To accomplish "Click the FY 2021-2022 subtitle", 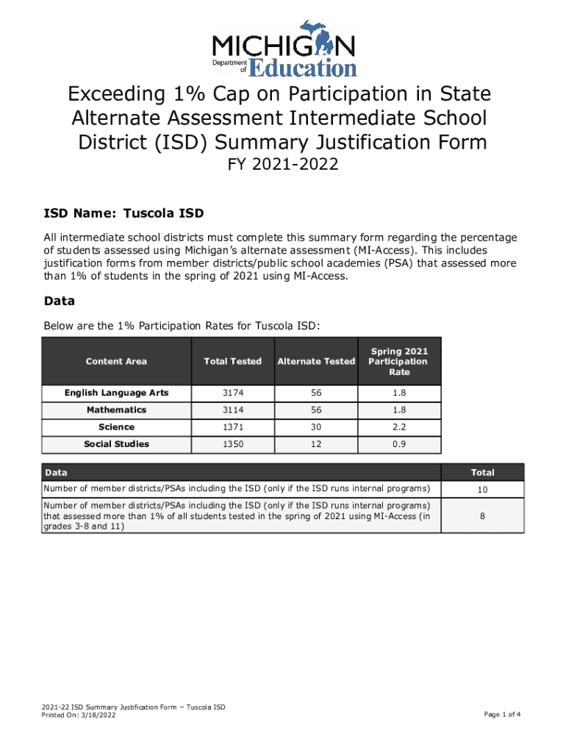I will point(283,165).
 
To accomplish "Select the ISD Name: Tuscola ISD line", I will point(123,214).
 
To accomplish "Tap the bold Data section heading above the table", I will point(60,301).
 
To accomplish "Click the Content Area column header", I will point(116,361).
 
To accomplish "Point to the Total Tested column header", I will point(232,361).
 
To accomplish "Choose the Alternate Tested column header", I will point(316,361).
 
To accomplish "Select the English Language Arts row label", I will point(116,393).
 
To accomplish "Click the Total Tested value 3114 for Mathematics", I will point(232,410).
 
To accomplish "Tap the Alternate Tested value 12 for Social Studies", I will point(316,443).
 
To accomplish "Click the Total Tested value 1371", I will point(232,427).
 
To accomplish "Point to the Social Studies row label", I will point(116,443).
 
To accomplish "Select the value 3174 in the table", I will point(232,393).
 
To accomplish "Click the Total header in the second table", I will point(482,472).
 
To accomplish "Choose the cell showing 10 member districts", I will point(482,490).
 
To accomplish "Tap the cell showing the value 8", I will point(482,516).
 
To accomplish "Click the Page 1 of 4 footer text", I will point(502,714).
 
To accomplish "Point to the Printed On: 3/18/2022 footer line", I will point(79,715).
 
